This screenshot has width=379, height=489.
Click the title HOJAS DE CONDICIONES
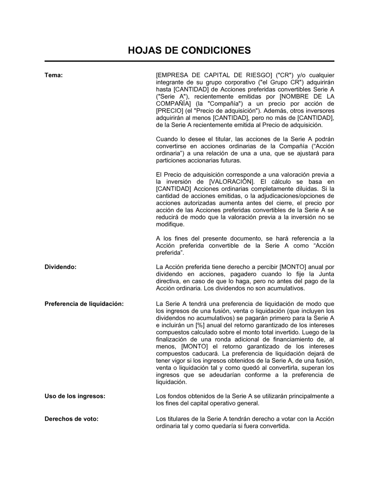point(189,50)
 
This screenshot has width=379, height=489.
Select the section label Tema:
point(53,75)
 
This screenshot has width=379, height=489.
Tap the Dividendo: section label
point(61,267)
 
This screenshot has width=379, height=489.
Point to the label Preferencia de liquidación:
point(84,304)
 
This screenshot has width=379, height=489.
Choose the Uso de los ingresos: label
point(75,396)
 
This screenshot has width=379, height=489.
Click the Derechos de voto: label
point(71,419)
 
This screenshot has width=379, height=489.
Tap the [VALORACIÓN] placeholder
point(232,182)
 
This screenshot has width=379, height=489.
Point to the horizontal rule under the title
point(189,61)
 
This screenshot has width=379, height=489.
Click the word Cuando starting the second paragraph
point(167,139)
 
